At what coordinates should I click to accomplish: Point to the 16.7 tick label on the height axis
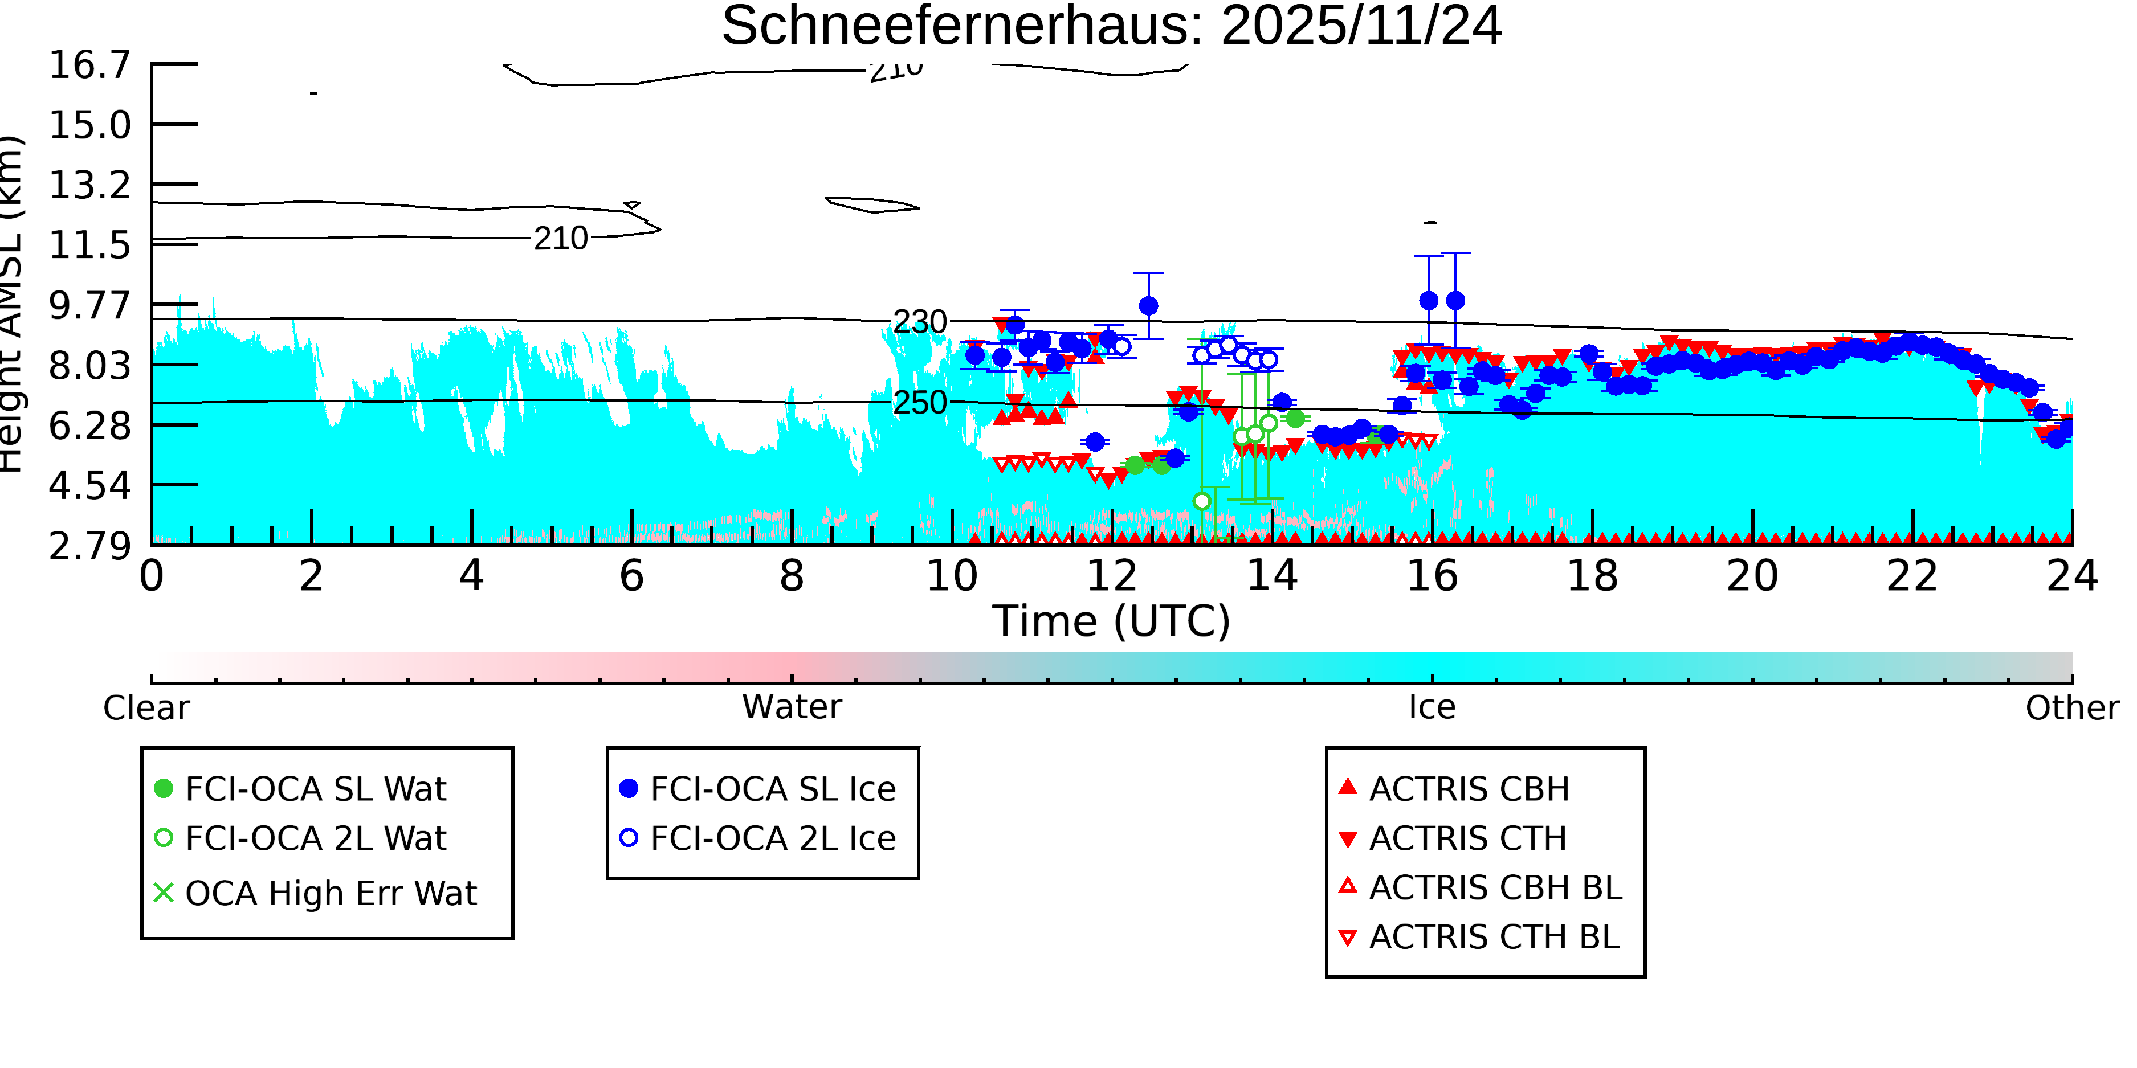89,65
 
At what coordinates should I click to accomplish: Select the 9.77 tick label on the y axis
89,305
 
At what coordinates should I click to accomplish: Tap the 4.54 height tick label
89,486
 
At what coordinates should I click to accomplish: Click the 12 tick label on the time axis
1112,575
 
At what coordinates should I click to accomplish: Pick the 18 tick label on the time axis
1592,575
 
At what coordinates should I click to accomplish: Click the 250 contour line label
919,403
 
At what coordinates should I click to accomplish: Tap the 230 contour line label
919,322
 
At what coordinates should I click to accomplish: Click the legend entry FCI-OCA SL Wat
315,788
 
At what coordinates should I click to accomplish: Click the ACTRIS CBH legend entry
1469,788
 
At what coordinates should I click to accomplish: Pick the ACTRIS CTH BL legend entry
1493,937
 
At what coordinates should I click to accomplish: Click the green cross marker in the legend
164,893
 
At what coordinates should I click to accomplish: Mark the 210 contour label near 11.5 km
561,239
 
